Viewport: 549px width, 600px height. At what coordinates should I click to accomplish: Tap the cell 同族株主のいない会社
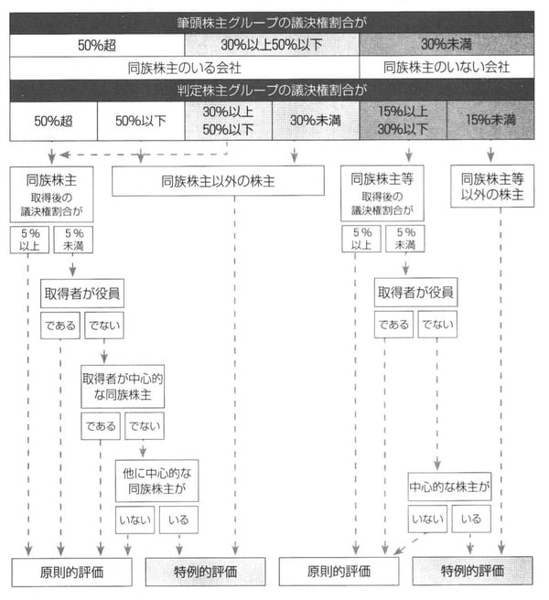pyautogui.click(x=447, y=68)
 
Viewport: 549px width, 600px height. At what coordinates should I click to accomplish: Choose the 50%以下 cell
pyautogui.click(x=140, y=120)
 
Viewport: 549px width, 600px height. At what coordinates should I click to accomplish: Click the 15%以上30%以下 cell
pyautogui.click(x=404, y=120)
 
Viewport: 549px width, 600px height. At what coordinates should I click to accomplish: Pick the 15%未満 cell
pyautogui.click(x=490, y=120)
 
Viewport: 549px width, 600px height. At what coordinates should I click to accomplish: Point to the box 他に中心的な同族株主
pyautogui.click(x=156, y=480)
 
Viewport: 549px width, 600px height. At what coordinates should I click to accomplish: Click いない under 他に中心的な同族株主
pyautogui.click(x=135, y=520)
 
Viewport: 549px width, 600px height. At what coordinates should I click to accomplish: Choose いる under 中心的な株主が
pyautogui.click(x=471, y=520)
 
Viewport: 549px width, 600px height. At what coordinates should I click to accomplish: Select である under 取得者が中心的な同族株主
pyautogui.click(x=100, y=425)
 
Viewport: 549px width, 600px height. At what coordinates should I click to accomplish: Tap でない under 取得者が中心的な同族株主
pyautogui.click(x=144, y=425)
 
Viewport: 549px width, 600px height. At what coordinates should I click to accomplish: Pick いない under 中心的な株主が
pyautogui.click(x=427, y=520)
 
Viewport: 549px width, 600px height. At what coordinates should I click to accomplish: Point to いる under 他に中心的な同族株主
pyautogui.click(x=177, y=520)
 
